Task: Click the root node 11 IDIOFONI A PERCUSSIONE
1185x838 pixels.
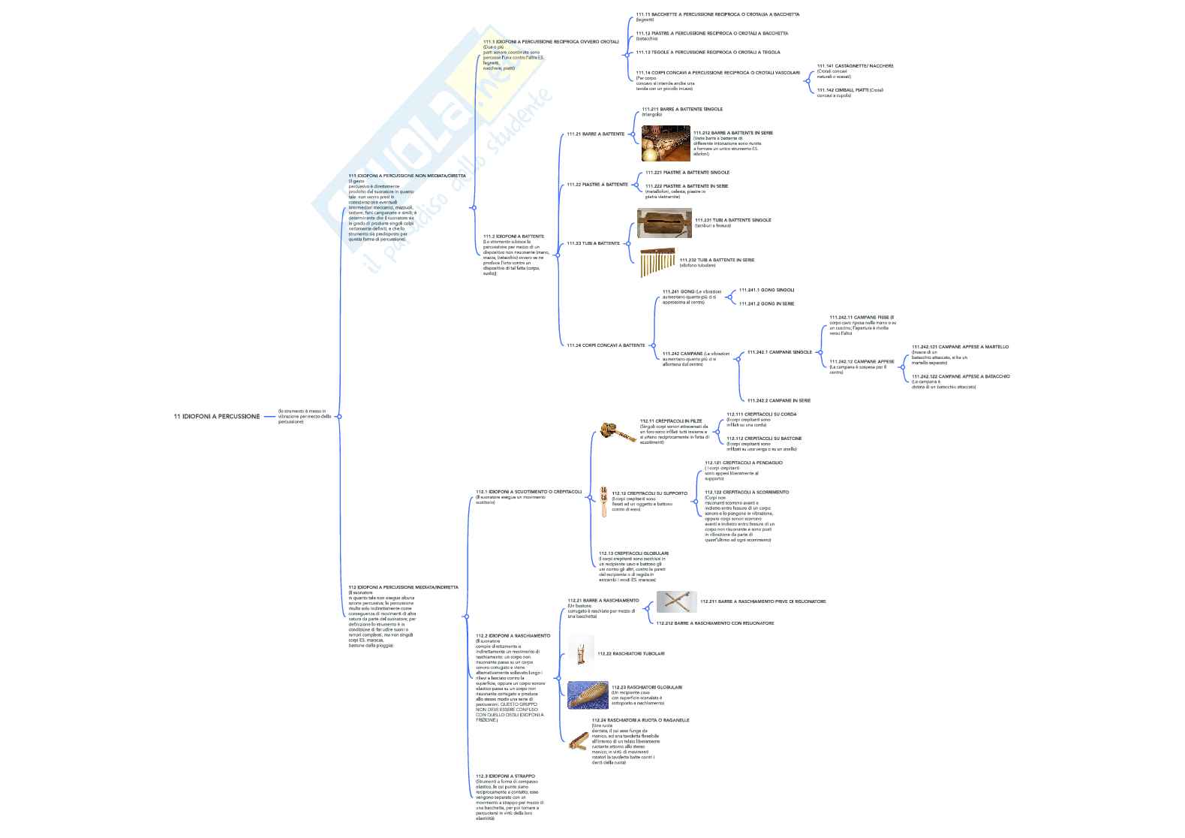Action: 217,416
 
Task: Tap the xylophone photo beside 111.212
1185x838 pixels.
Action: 666,143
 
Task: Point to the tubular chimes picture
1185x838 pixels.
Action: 657,262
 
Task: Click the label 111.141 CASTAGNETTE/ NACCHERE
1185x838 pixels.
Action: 855,66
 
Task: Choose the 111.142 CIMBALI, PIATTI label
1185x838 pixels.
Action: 844,89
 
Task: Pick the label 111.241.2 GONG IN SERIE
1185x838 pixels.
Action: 766,303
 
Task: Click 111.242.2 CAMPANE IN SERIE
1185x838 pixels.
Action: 778,400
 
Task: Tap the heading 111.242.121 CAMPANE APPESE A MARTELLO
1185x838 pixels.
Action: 960,347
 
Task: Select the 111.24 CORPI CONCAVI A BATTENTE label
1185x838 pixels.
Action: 606,345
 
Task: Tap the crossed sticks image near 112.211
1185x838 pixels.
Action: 676,601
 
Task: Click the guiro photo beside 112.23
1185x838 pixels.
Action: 588,695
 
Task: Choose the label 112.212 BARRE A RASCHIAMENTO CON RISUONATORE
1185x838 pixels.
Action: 714,622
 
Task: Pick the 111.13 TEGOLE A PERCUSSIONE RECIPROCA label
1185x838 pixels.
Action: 708,53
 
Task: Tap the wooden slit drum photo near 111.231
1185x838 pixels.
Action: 664,223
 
